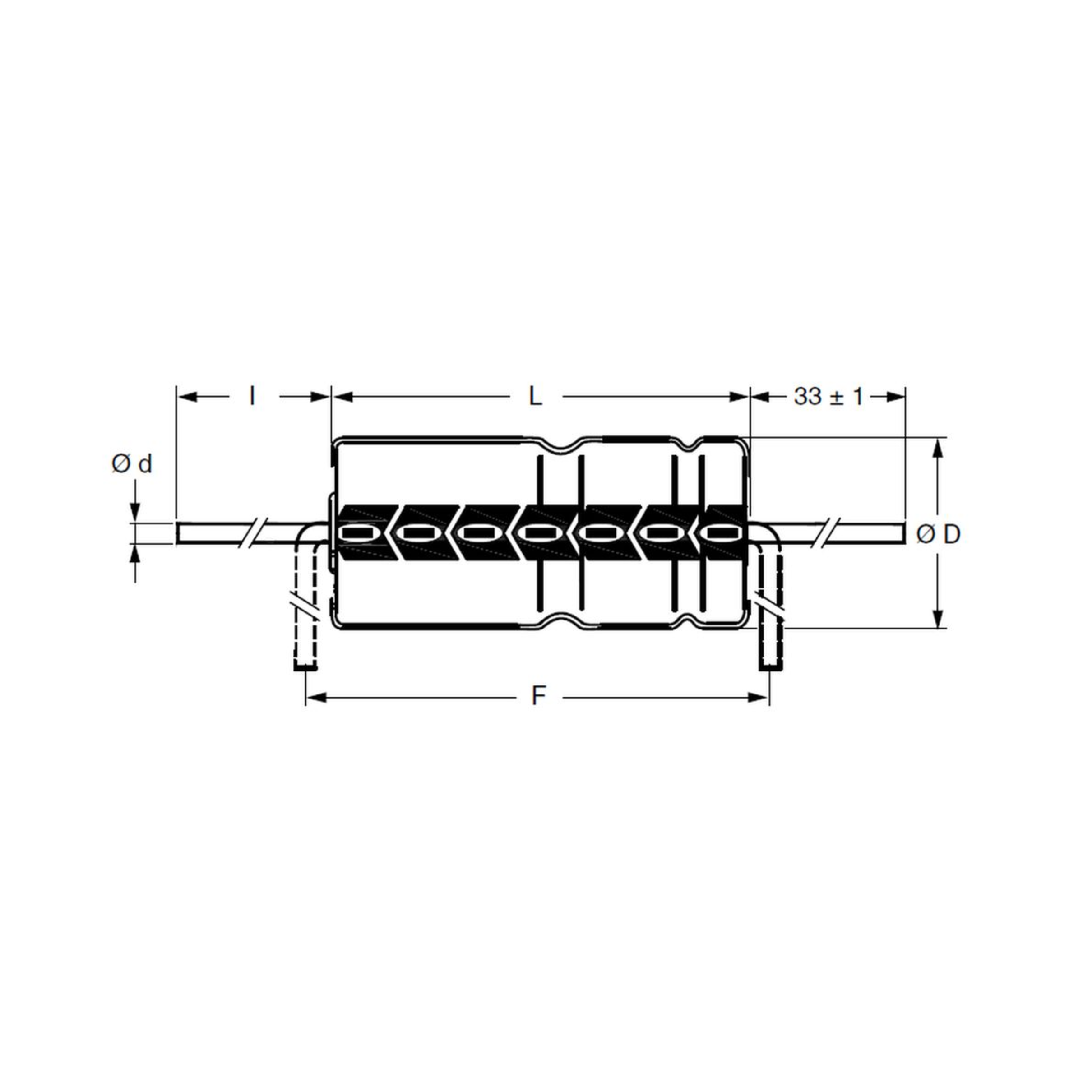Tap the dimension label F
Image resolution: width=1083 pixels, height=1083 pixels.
[x=538, y=697]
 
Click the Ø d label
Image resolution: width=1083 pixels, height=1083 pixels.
[x=132, y=464]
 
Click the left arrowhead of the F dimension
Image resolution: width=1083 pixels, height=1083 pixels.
[x=315, y=697]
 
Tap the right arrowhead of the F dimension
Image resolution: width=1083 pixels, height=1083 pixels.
[x=759, y=697]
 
